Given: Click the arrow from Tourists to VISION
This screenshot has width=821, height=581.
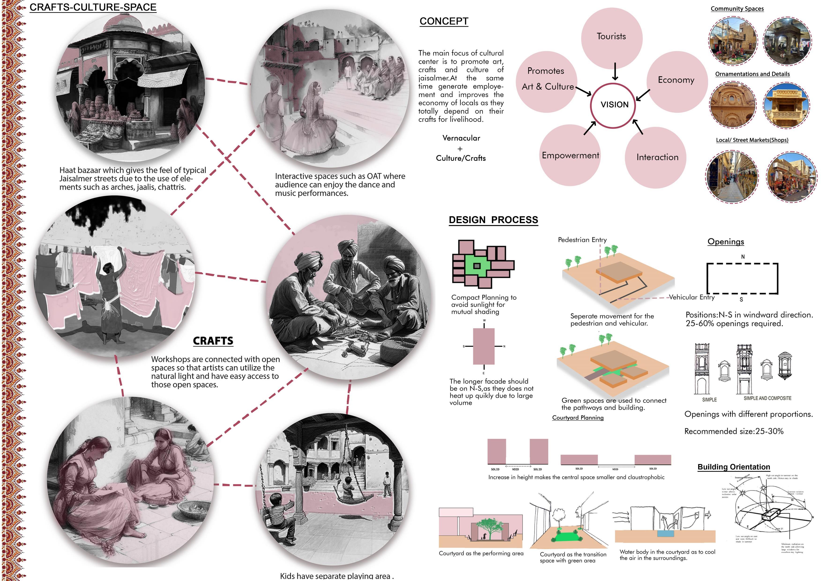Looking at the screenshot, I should (615, 71).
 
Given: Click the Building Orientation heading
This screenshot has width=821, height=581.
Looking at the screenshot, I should (734, 467).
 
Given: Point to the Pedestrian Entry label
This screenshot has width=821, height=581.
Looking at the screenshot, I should (582, 240).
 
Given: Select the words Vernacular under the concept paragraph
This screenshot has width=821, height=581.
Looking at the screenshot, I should (461, 138).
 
